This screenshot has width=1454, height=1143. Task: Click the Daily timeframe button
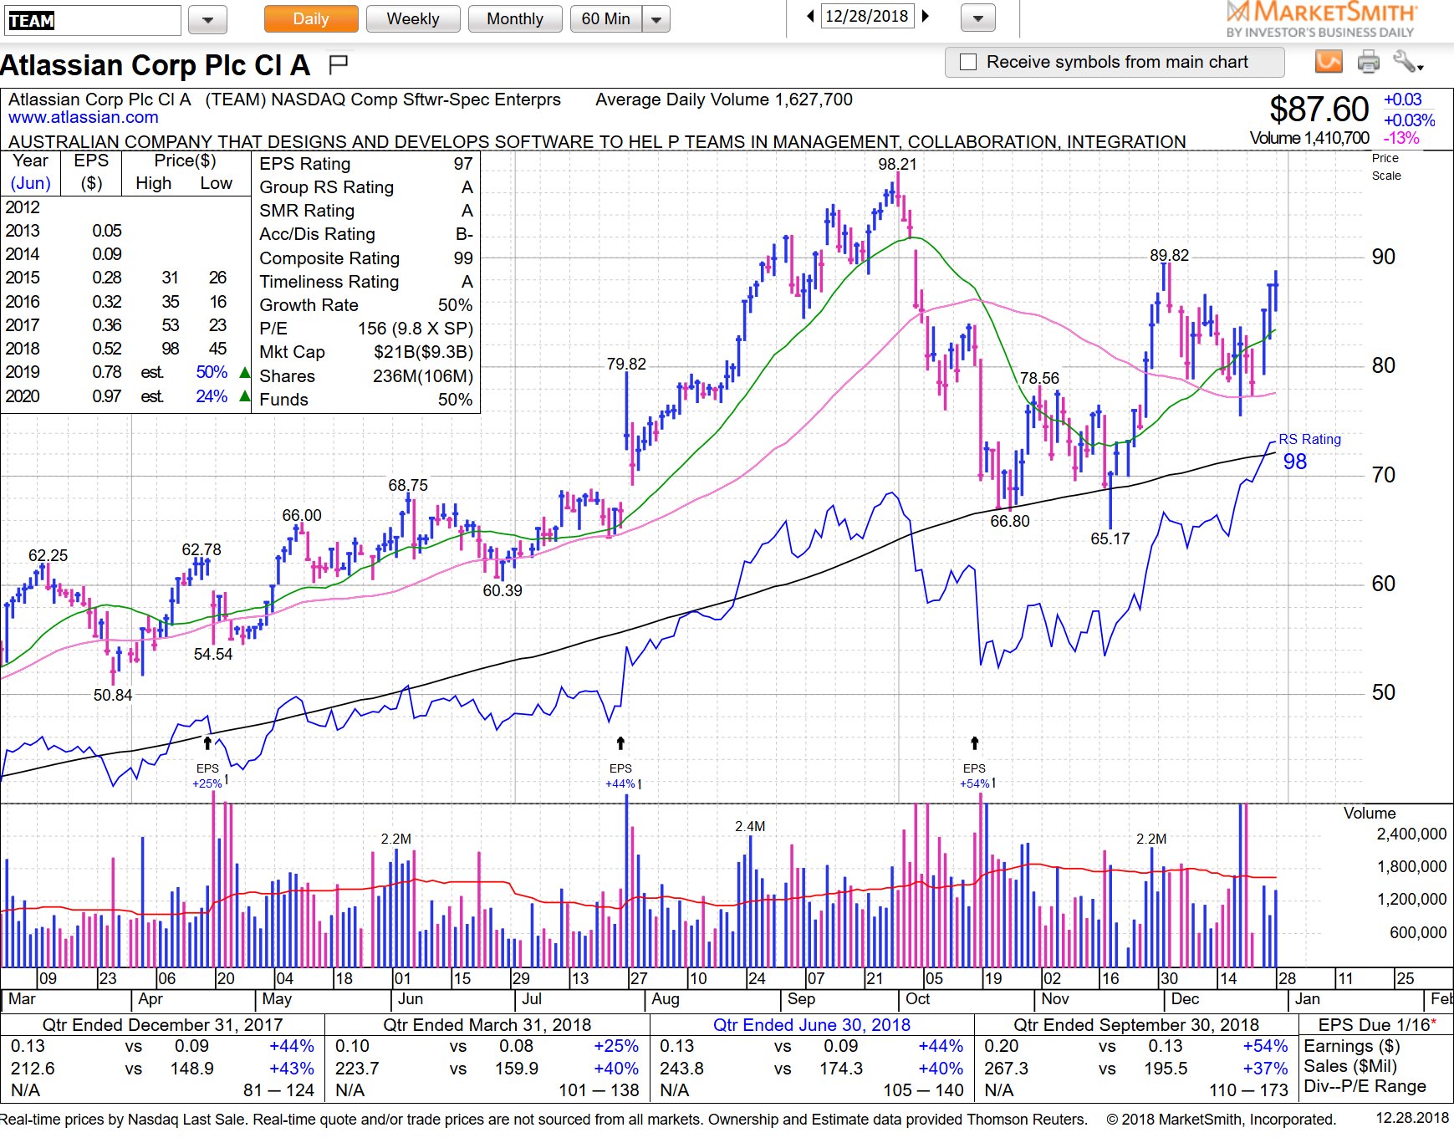[311, 19]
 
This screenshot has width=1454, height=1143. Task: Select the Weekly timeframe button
[412, 19]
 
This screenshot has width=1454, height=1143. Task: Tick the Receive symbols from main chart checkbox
[968, 62]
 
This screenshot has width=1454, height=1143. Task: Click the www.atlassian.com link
[84, 118]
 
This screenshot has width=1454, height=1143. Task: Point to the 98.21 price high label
[897, 165]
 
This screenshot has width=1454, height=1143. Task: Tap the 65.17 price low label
[1110, 539]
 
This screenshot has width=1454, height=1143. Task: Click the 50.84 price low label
[113, 696]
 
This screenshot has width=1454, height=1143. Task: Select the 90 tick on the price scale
[1383, 258]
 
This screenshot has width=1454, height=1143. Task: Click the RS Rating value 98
[1294, 462]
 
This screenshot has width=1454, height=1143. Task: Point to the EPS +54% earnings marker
[975, 776]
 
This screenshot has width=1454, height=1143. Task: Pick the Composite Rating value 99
[463, 258]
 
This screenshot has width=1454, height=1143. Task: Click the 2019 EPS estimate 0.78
[107, 372]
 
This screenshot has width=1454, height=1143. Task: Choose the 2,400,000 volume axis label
[1411, 834]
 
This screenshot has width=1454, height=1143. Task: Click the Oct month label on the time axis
[917, 999]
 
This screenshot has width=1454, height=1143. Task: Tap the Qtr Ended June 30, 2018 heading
[811, 1025]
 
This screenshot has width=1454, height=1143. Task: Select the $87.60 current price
[1319, 110]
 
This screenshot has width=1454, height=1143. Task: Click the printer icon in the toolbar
[1369, 61]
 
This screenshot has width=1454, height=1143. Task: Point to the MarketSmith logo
[1322, 19]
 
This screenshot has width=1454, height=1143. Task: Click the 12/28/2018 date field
[866, 17]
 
